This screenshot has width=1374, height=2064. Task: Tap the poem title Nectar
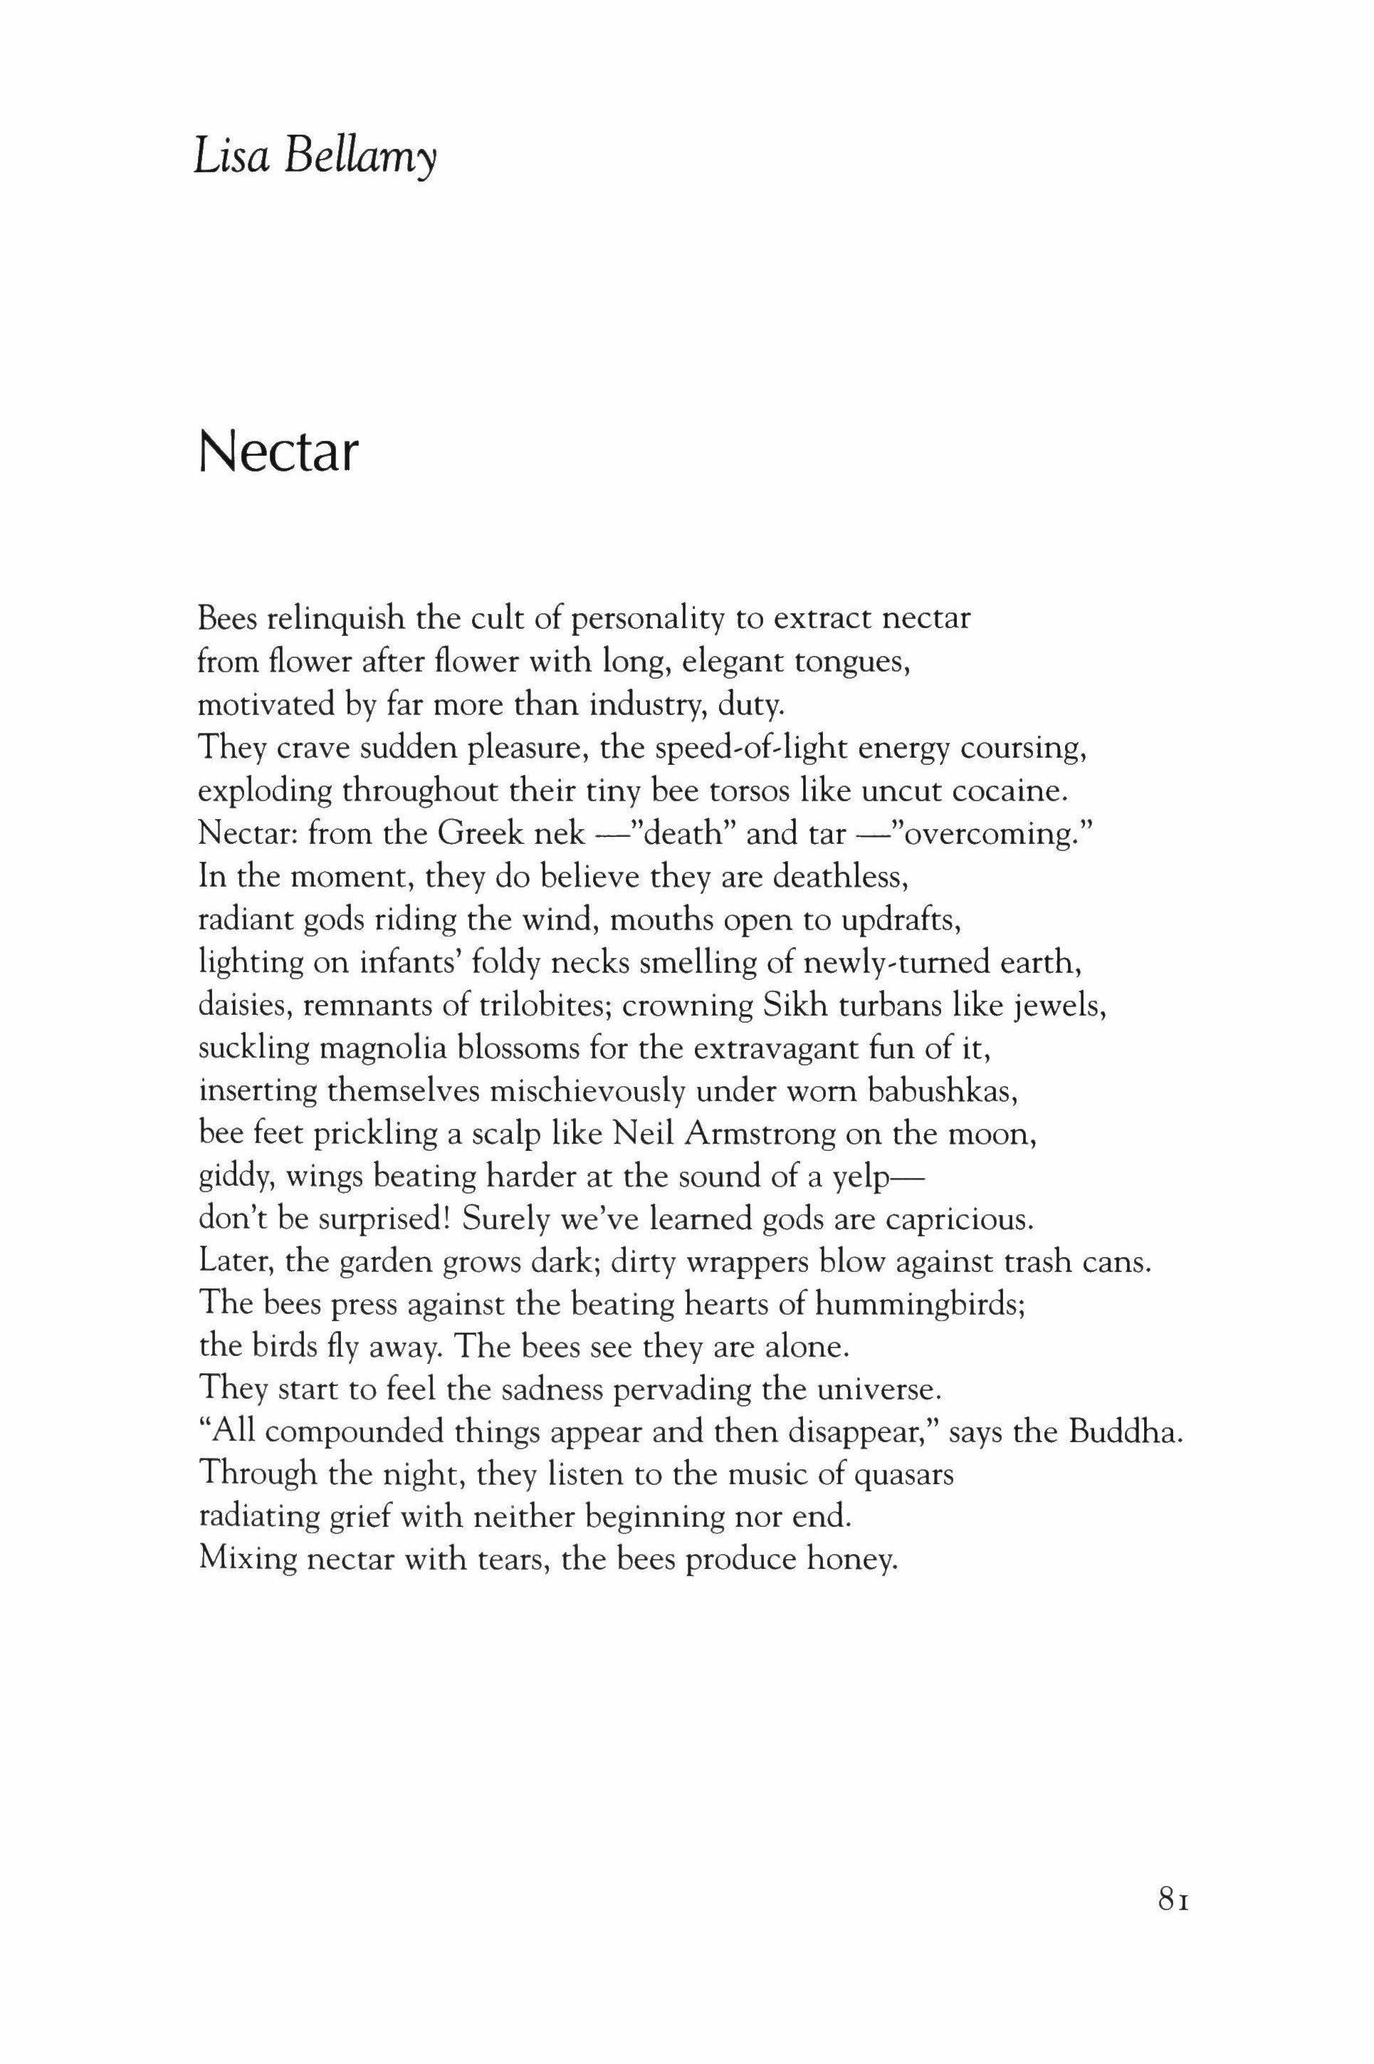coord(278,452)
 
